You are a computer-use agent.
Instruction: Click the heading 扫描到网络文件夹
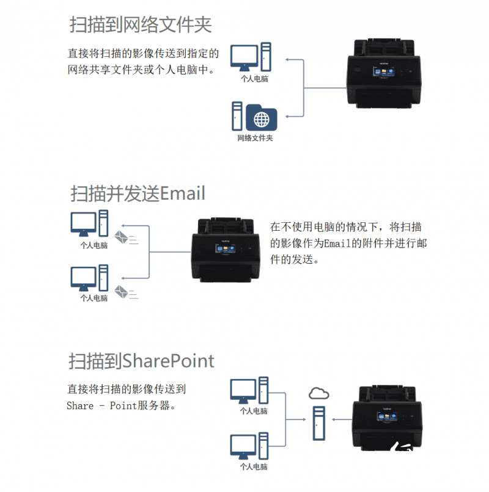point(141,26)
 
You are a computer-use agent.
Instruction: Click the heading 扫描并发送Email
point(138,194)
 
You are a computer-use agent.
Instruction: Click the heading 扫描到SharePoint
point(141,361)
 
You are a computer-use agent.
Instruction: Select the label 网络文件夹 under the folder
point(255,138)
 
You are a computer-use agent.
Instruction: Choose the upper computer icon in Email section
point(84,223)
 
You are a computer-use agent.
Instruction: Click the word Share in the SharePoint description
point(80,406)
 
